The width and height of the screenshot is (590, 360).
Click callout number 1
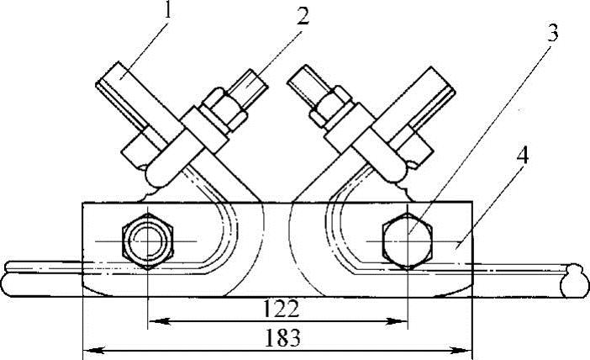pyautogui.click(x=168, y=10)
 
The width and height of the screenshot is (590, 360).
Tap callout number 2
pyautogui.click(x=303, y=17)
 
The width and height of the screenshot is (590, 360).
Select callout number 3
pyautogui.click(x=551, y=33)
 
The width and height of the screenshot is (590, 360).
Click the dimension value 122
pyautogui.click(x=281, y=310)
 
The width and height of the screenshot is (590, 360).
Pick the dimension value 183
pyautogui.click(x=282, y=338)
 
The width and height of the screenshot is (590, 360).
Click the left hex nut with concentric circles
pyautogui.click(x=148, y=241)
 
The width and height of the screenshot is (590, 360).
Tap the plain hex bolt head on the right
pyautogui.click(x=408, y=241)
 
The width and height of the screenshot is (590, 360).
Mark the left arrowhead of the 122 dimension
pyautogui.click(x=158, y=321)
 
